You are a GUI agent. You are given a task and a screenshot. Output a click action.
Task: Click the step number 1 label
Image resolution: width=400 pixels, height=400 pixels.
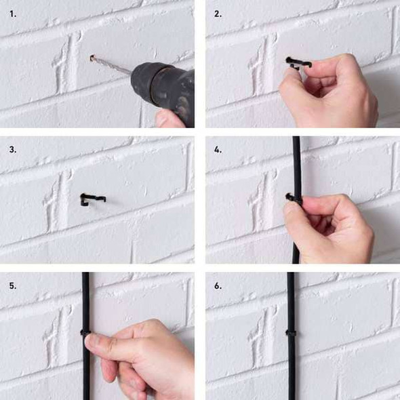13,14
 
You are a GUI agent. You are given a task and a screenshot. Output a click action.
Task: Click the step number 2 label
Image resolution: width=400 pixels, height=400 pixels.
218,14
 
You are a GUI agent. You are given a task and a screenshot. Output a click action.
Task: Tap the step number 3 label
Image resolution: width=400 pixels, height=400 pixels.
13,149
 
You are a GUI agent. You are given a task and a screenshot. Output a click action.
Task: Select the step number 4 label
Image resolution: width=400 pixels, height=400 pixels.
218,149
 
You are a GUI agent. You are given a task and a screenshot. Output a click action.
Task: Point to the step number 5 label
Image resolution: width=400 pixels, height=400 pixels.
13,285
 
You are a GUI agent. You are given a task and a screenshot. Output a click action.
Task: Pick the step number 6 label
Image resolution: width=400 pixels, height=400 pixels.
218,285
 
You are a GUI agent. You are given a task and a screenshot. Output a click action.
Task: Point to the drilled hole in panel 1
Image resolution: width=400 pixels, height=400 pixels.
92,58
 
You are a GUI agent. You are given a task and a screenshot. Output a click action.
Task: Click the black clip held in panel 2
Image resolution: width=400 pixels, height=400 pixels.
298,63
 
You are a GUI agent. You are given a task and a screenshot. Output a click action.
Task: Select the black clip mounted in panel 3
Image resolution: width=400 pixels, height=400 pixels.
92,198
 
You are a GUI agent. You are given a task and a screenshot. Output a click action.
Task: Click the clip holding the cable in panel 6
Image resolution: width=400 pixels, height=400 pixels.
291,333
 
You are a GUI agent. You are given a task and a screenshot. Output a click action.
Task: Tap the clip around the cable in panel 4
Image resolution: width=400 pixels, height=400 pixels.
293,199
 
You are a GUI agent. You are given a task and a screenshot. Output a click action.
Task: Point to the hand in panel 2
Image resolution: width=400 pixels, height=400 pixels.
329,92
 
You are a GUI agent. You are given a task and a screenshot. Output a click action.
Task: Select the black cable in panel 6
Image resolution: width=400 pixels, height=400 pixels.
291,336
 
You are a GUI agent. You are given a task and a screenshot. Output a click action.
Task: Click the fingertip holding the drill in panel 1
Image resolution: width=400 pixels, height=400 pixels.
167,119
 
